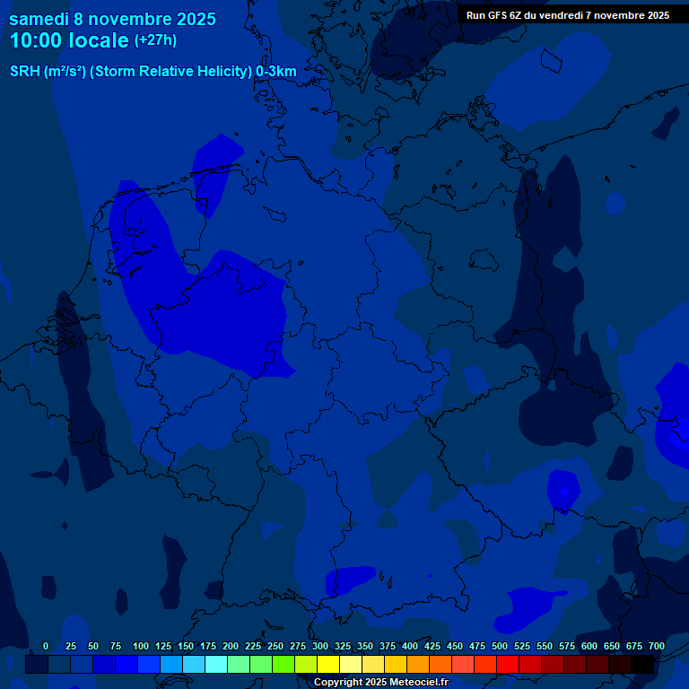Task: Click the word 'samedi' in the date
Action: pos(39,19)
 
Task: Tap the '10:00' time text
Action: pos(38,40)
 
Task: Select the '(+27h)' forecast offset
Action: pos(155,40)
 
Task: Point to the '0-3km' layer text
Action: pos(276,72)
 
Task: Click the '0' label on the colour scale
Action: pos(46,647)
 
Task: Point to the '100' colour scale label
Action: pos(141,647)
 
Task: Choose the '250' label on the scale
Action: pos(275,647)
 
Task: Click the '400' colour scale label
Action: pos(410,647)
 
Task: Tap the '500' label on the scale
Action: pos(500,647)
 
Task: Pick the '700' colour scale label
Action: pos(657,647)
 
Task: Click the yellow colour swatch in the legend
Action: pos(328,664)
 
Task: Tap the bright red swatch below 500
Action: pos(508,664)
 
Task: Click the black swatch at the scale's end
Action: pos(642,664)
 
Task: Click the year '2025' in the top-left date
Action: pos(195,19)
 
